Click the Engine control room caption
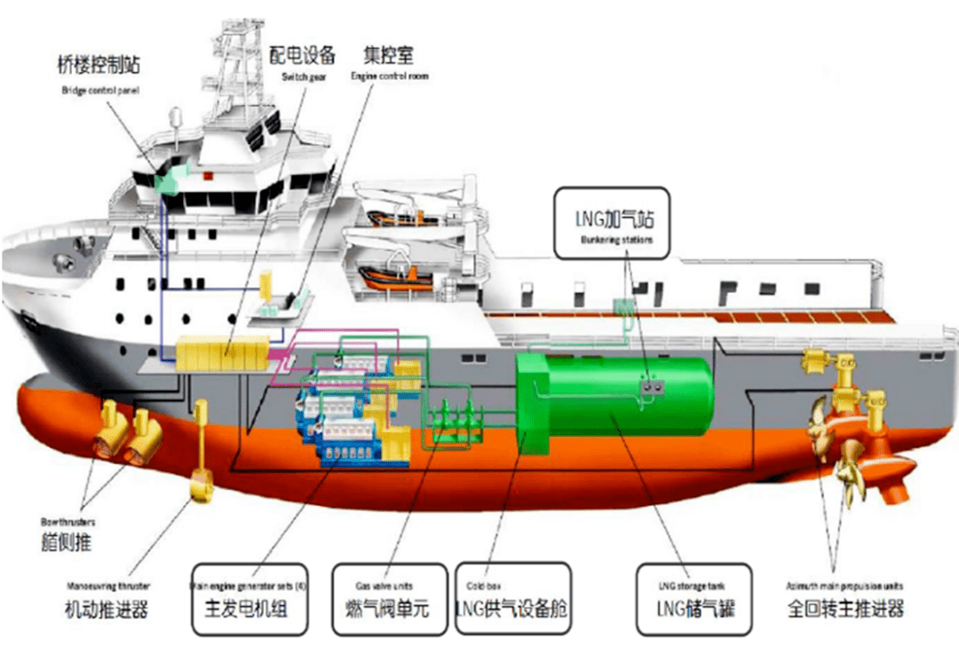(389, 77)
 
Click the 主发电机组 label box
(250, 599)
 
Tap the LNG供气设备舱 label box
(511, 599)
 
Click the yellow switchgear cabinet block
(222, 353)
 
